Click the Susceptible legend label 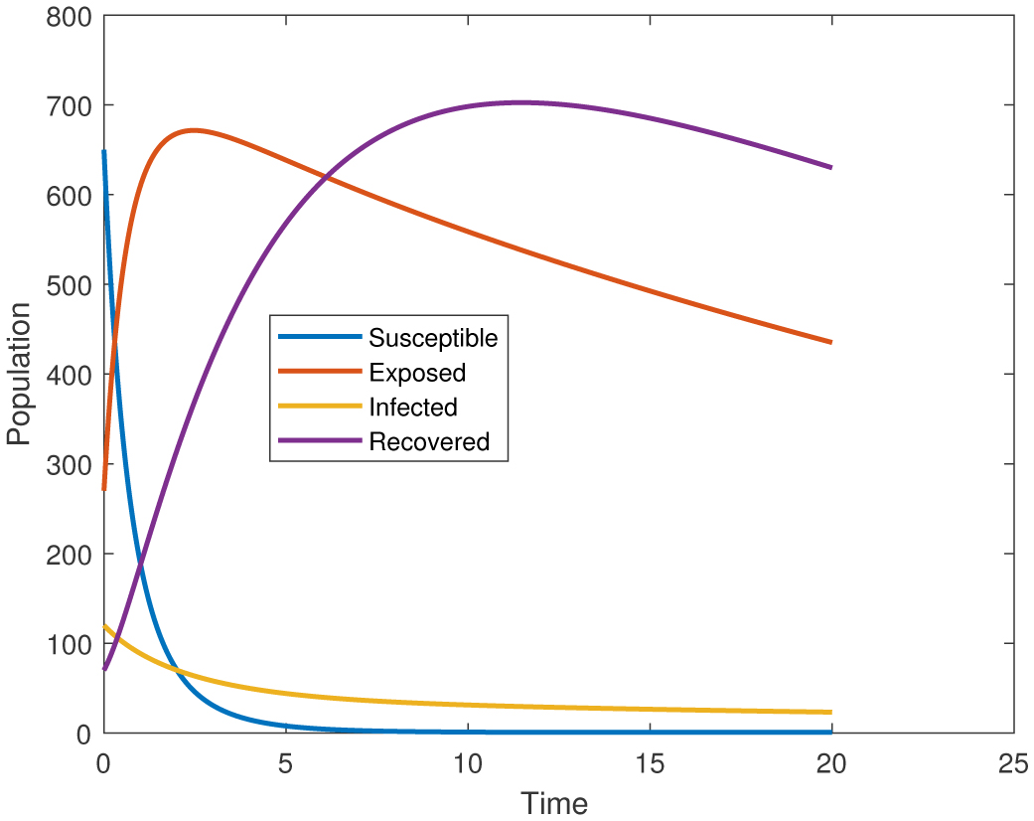click(432, 338)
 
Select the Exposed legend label click(416, 373)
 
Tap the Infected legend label click(412, 408)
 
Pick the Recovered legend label click(429, 442)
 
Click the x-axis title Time click(555, 802)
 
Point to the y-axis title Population click(19, 375)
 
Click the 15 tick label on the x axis click(649, 762)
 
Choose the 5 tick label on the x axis click(285, 762)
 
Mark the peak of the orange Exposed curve click(193, 130)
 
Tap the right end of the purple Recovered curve click(830, 167)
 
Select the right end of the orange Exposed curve click(830, 342)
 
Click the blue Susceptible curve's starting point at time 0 click(103, 151)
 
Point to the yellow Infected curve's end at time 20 click(830, 712)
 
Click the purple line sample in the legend click(319, 442)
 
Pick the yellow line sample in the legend click(319, 408)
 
